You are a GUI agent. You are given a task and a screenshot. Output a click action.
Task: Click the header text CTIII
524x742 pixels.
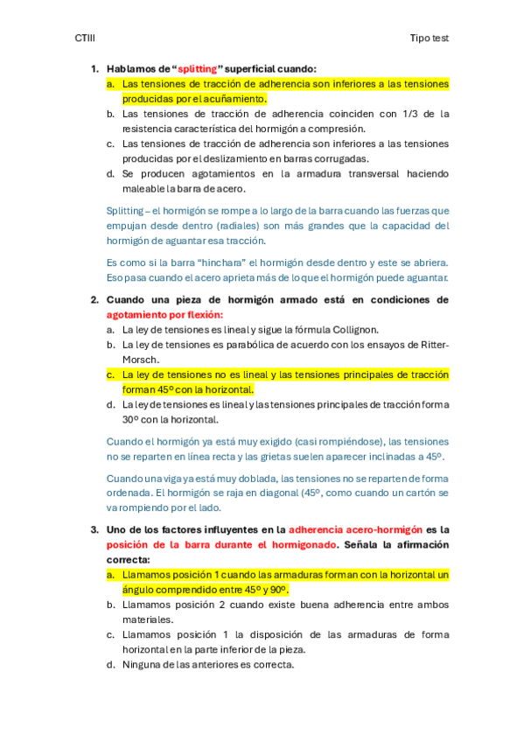point(85,38)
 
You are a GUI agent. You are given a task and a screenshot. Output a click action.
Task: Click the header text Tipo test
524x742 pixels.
point(429,38)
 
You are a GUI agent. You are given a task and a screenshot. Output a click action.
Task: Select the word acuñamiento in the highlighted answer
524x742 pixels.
point(212,99)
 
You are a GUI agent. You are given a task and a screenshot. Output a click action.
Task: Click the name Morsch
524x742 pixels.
point(140,360)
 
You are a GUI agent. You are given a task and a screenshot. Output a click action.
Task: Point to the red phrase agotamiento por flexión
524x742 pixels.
point(164,314)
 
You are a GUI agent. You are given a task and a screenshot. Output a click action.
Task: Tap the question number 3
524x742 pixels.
point(94,529)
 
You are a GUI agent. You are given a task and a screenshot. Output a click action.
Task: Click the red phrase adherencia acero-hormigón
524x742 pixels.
point(354,529)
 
